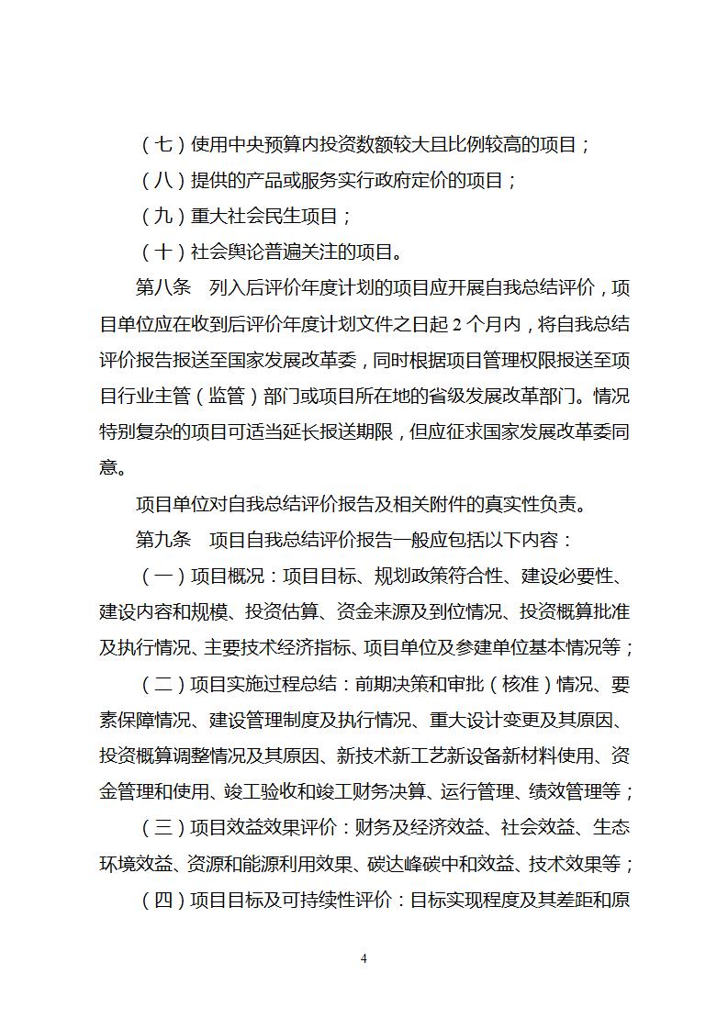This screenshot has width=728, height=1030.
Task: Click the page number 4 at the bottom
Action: (364, 958)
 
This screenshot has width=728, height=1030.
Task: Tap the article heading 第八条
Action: (162, 287)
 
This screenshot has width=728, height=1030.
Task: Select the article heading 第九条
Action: (162, 539)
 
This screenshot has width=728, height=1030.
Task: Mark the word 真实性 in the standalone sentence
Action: (476, 503)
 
